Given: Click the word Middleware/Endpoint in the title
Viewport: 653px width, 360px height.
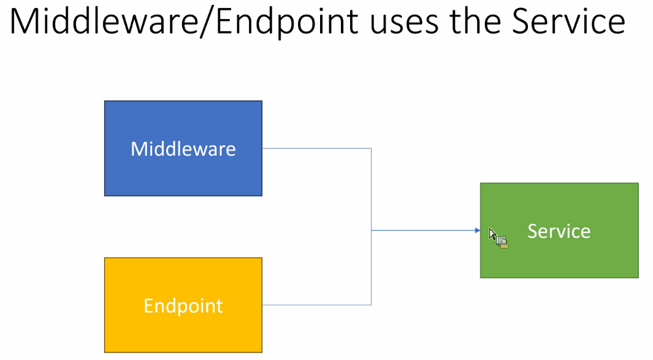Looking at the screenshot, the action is click(184, 22).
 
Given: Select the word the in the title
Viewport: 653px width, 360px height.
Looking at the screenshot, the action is click(475, 21).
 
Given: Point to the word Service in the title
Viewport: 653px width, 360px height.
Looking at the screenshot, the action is click(568, 21).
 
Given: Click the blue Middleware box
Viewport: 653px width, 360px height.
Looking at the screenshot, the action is click(183, 148).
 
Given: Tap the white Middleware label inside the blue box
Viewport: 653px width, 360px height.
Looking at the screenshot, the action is click(183, 149).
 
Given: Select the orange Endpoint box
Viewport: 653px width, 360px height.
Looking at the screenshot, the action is click(183, 305).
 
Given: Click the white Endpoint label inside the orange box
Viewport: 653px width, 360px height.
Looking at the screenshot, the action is click(183, 306).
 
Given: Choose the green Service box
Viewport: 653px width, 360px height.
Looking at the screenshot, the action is click(559, 231).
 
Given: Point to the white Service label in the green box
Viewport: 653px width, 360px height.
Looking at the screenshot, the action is click(559, 231).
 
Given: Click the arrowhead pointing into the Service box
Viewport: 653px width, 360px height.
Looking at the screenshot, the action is click(478, 230).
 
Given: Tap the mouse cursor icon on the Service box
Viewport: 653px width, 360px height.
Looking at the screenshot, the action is click(498, 238).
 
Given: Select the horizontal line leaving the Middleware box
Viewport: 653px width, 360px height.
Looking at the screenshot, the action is click(316, 148).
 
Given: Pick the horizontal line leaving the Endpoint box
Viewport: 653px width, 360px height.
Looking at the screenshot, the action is click(316, 305).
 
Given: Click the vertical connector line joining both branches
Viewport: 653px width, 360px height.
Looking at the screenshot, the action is click(371, 227).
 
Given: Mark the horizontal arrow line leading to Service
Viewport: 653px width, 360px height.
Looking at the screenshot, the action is click(426, 230).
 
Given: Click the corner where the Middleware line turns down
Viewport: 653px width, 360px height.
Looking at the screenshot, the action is click(371, 148).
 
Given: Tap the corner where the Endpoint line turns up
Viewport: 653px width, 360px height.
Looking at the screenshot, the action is click(371, 305).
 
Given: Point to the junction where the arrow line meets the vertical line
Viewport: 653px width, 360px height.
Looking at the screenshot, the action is click(371, 230).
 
